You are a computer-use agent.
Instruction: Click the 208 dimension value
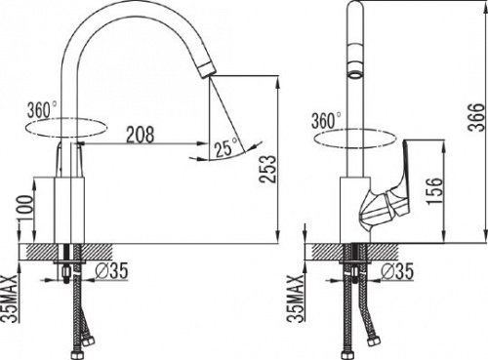141,135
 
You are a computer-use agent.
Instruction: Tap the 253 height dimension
268,170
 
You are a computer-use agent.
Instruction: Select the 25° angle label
226,147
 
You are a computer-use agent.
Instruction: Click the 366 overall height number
476,117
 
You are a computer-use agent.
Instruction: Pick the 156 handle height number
435,191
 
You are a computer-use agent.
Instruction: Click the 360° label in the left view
42,109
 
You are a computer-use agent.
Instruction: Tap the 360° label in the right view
326,121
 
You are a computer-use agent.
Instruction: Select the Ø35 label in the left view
111,271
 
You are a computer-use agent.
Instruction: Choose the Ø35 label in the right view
397,271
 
